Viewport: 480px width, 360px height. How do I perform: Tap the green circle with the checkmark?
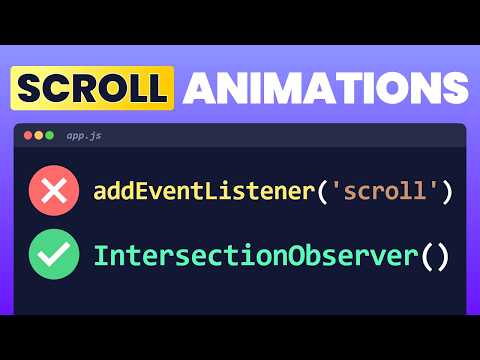click(56, 255)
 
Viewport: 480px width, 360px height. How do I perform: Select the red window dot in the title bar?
click(27, 134)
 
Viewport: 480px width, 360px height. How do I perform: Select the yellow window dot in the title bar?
click(39, 134)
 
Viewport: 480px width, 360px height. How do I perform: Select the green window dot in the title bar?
click(51, 134)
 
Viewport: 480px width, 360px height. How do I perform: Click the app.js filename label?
click(82, 134)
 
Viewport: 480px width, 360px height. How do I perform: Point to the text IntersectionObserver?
click(255, 255)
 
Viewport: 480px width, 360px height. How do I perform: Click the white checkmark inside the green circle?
click(56, 255)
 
